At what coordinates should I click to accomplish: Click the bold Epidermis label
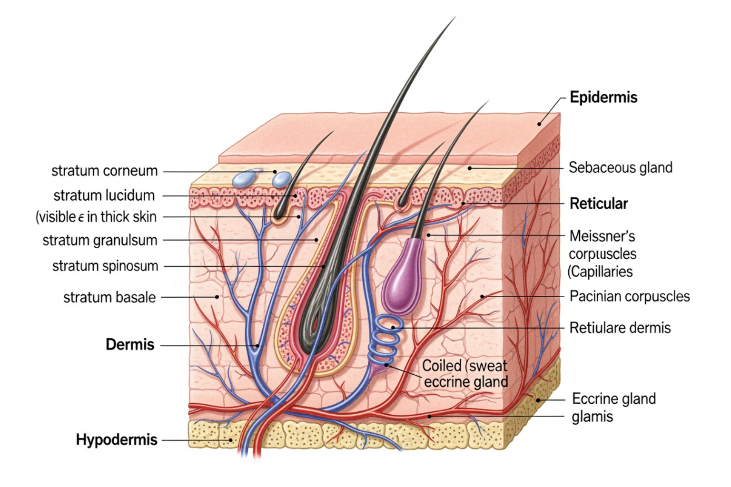pyautogui.click(x=603, y=97)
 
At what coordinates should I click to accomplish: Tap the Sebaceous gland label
pyautogui.click(x=620, y=167)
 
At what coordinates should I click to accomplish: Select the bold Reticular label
pyautogui.click(x=599, y=204)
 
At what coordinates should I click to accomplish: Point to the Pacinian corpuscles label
pyautogui.click(x=629, y=296)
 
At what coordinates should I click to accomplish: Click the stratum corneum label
pyautogui.click(x=104, y=171)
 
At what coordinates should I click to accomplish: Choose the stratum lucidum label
pyautogui.click(x=104, y=195)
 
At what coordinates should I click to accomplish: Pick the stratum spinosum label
pyautogui.click(x=105, y=266)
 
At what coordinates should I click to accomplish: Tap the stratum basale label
pyautogui.click(x=109, y=297)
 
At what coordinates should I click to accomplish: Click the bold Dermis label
pyautogui.click(x=130, y=344)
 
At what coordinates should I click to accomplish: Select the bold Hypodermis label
pyautogui.click(x=117, y=439)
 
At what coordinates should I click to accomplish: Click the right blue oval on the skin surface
pyautogui.click(x=281, y=180)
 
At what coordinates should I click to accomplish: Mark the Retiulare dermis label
pyautogui.click(x=620, y=328)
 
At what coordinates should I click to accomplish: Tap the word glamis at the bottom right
pyautogui.click(x=592, y=417)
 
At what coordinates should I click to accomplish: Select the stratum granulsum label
pyautogui.click(x=100, y=240)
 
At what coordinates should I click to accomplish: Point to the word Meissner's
pyautogui.click(x=602, y=236)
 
